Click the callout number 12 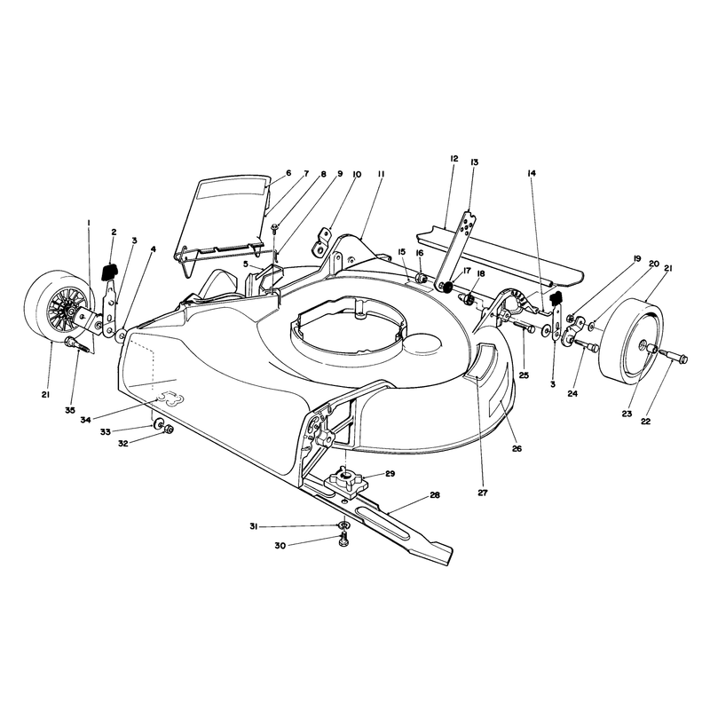pyautogui.click(x=454, y=159)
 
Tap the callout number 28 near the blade pyautogui.click(x=435, y=495)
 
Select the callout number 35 pyautogui.click(x=70, y=410)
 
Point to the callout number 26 pyautogui.click(x=517, y=449)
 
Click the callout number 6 pyautogui.click(x=288, y=173)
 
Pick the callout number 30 pyautogui.click(x=280, y=546)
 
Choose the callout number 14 pyautogui.click(x=532, y=173)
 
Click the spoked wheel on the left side pyautogui.click(x=58, y=308)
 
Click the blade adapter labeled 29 pyautogui.click(x=348, y=481)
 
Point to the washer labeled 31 pyautogui.click(x=343, y=525)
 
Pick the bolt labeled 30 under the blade pyautogui.click(x=343, y=540)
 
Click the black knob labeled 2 pyautogui.click(x=108, y=272)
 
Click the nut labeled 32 pyautogui.click(x=168, y=428)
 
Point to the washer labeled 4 pyautogui.click(x=122, y=335)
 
